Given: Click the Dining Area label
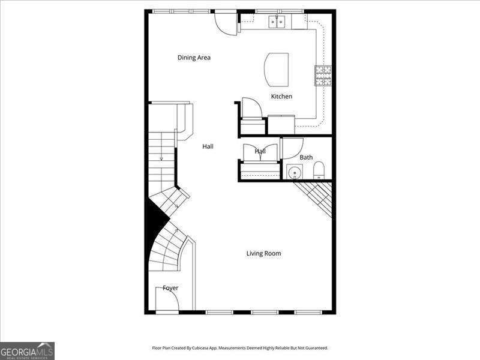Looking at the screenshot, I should pyautogui.click(x=194, y=58).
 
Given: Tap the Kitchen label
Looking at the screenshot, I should pyautogui.click(x=281, y=97).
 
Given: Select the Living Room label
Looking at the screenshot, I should pyautogui.click(x=263, y=254).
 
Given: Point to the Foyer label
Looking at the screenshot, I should pyautogui.click(x=170, y=288).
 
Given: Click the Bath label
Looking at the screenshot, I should pyautogui.click(x=306, y=158).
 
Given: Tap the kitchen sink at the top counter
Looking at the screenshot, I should pyautogui.click(x=277, y=22).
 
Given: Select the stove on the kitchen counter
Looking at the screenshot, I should pyautogui.click(x=323, y=76).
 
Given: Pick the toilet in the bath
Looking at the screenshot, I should pyautogui.click(x=319, y=171).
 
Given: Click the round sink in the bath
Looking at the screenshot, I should pyautogui.click(x=294, y=172).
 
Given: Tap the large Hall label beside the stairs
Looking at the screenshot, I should pyautogui.click(x=208, y=146).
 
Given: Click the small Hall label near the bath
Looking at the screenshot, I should pyautogui.click(x=260, y=152).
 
